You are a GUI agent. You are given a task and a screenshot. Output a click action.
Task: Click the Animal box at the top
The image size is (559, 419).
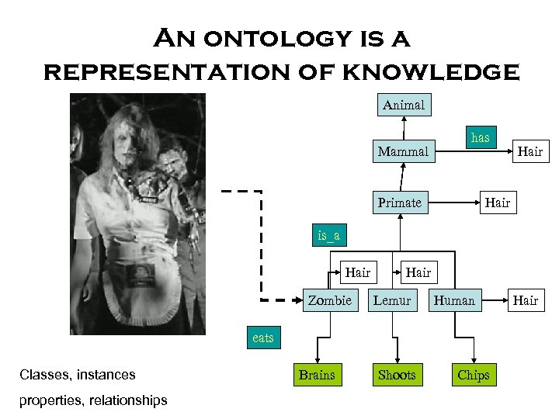[404, 104]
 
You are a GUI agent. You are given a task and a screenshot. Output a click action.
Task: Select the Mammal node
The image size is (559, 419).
[402, 152]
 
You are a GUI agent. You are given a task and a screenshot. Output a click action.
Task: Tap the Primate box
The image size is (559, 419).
[399, 203]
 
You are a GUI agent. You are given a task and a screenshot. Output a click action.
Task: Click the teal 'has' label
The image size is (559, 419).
[481, 138]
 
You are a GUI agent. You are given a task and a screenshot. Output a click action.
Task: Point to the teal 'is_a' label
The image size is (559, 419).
[328, 234]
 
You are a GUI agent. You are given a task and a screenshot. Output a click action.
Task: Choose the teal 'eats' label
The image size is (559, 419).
[262, 338]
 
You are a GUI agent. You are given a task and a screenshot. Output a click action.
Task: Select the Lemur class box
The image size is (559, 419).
[392, 300]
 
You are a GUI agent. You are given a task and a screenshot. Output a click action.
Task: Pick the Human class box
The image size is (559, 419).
[454, 300]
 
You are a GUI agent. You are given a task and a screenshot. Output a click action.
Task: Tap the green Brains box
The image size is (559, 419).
[317, 376]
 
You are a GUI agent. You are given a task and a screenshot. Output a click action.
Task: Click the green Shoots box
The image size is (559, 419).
[396, 376]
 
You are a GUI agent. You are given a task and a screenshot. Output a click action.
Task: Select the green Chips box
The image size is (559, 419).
[473, 376]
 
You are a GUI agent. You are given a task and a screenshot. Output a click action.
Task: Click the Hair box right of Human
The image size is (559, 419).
[526, 300]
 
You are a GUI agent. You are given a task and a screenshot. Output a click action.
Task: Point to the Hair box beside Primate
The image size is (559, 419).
[498, 203]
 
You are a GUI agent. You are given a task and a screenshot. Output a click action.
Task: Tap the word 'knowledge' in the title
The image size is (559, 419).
[429, 72]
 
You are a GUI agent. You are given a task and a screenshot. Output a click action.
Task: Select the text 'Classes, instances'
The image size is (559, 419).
[77, 375]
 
